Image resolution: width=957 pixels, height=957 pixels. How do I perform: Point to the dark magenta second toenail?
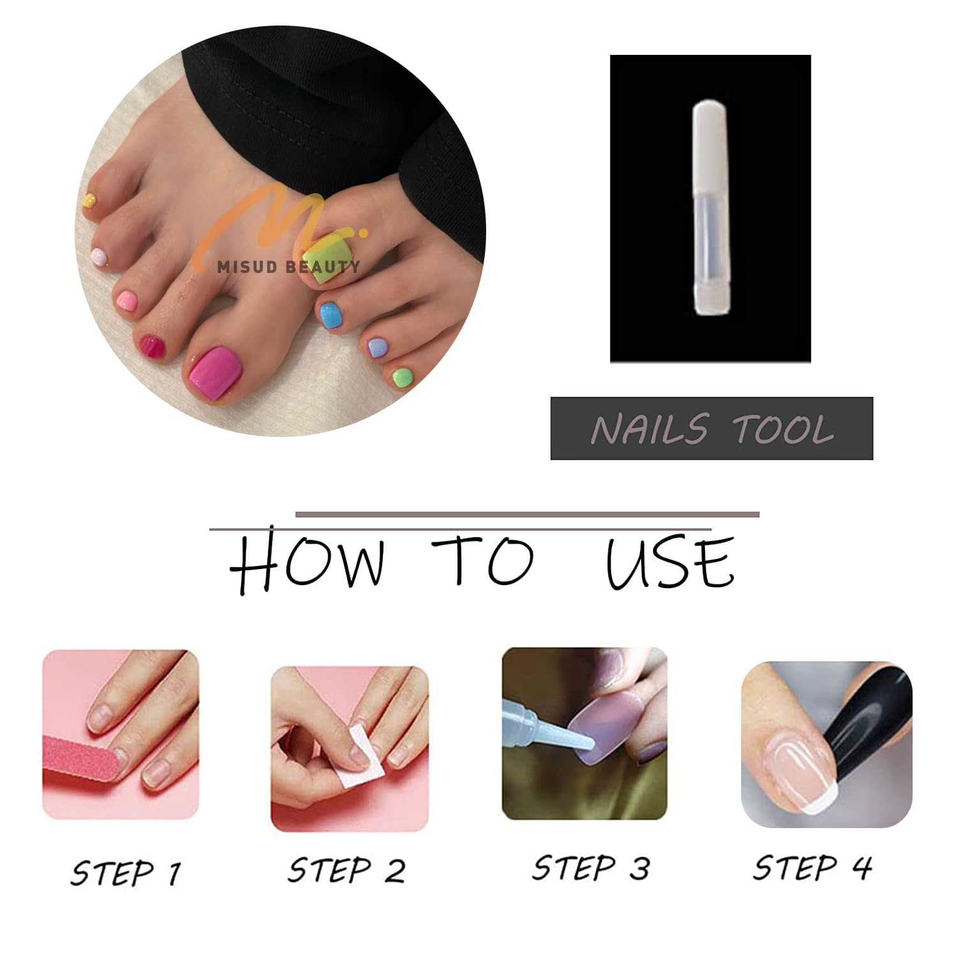tap(152, 347)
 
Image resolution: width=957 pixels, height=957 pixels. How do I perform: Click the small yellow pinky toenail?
tap(90, 200)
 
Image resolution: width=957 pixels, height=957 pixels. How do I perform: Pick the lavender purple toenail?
tap(376, 348)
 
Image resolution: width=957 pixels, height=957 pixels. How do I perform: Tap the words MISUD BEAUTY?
tap(288, 267)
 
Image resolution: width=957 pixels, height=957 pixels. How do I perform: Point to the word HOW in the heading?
tap(308, 561)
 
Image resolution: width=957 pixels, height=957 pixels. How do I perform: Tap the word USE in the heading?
tap(670, 561)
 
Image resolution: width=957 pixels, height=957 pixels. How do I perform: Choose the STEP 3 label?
tap(591, 868)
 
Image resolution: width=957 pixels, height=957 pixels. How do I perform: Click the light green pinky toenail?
tap(402, 377)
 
